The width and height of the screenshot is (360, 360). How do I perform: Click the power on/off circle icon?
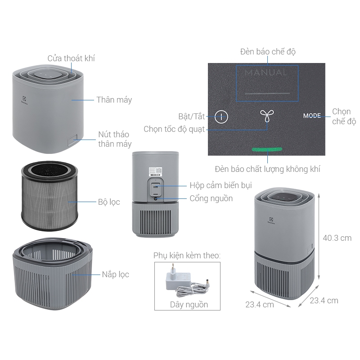tap(221, 117)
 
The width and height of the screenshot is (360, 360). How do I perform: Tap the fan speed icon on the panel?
tap(267, 116)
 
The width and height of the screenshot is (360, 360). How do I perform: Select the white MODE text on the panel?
tap(312, 116)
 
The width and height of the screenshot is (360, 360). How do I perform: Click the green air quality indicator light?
tap(267, 149)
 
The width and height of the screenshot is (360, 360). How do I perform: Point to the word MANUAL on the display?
tap(266, 73)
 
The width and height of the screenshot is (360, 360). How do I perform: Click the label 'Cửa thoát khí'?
tap(71, 58)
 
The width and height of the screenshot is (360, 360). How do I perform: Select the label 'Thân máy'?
tap(114, 100)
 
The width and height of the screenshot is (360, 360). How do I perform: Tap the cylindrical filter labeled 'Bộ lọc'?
tap(49, 196)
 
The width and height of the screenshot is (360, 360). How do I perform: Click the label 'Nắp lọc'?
tap(116, 274)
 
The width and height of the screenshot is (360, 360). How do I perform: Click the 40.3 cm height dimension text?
tap(337, 238)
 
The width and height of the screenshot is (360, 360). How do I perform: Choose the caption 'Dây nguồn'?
tap(189, 305)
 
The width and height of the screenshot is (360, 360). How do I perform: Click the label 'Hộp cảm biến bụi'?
tap(220, 185)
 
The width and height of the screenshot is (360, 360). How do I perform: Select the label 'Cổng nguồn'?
tap(211, 198)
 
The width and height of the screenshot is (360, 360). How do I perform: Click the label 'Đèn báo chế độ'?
tap(268, 52)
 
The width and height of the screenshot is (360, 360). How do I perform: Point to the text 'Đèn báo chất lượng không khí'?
tap(267, 169)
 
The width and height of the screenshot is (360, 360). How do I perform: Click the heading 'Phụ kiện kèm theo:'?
tap(187, 255)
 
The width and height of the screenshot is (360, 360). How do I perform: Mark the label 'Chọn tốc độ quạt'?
tap(174, 129)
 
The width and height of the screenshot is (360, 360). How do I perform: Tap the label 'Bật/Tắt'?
tap(192, 117)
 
